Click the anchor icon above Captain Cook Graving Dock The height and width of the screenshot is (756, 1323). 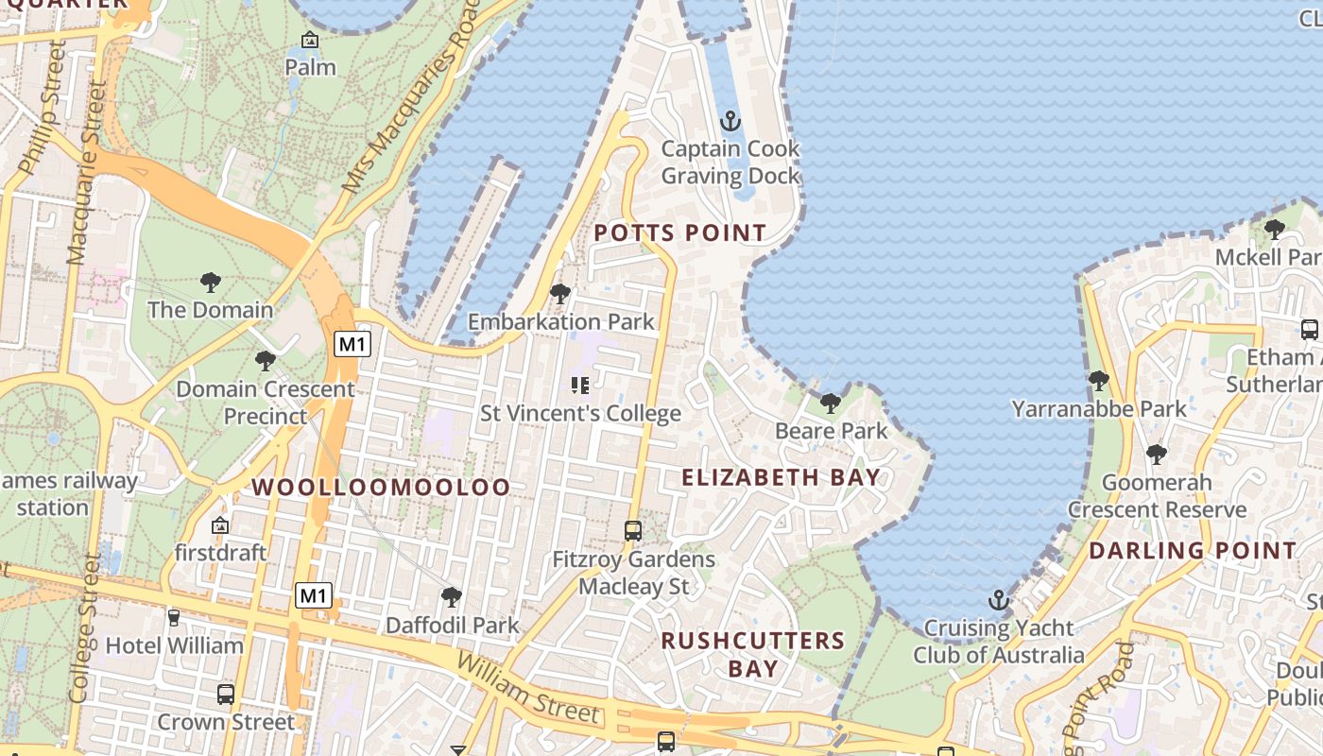729,121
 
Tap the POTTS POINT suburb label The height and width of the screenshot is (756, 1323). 679,232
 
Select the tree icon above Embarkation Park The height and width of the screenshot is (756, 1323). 560,294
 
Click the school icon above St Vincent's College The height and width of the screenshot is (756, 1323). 580,385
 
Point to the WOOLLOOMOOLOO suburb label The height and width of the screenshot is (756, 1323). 381,488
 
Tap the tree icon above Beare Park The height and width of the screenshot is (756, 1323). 831,404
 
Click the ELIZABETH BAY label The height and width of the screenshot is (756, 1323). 781,477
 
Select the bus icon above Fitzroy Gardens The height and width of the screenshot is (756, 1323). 633,531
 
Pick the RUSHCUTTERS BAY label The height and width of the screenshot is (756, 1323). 752,654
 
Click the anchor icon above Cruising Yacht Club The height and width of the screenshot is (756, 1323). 998,600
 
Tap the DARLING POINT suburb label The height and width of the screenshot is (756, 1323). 1193,550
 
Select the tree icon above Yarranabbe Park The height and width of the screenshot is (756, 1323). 1098,381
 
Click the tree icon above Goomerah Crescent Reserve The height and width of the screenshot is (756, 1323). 1156,455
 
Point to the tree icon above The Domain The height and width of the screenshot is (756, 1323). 210,282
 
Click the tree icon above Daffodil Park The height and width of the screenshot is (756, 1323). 452,597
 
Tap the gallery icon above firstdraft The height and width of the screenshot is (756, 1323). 220,524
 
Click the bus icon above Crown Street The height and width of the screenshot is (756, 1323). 226,695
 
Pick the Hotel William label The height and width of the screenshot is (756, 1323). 175,646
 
